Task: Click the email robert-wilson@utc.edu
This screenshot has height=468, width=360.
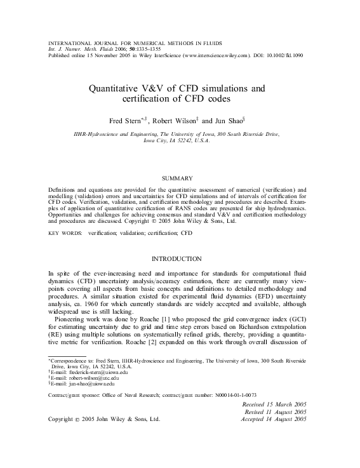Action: pos(84,378)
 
